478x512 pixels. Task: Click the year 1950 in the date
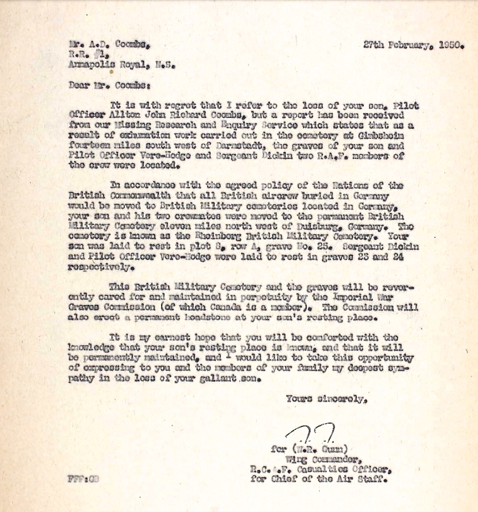point(450,45)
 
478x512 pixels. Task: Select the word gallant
point(218,379)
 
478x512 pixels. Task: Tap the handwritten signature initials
point(312,434)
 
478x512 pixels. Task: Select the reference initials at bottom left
point(83,478)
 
